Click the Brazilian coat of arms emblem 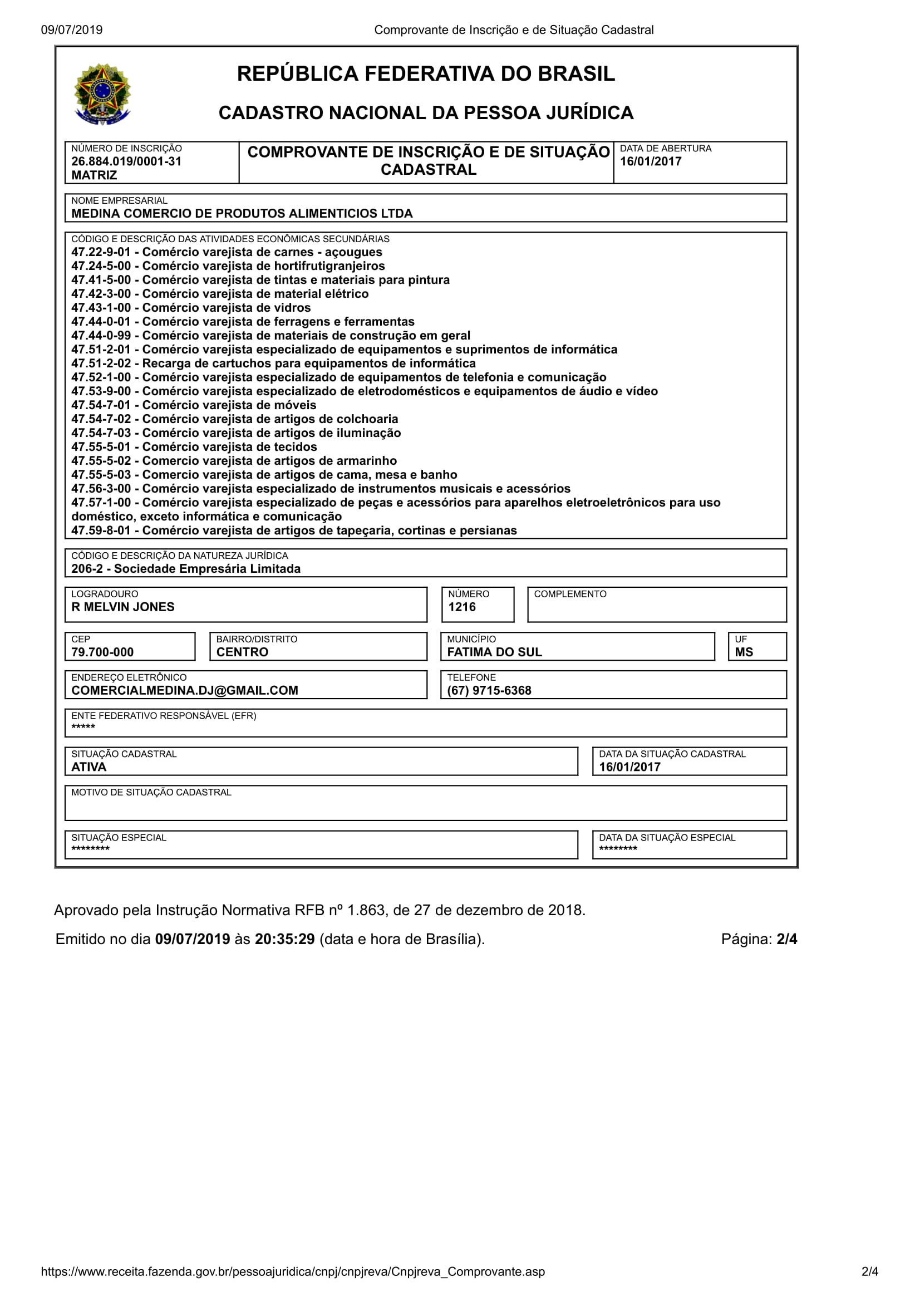pos(102,94)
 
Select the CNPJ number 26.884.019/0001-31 pos(126,161)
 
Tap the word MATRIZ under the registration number pos(94,175)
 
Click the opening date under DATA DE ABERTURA pos(650,161)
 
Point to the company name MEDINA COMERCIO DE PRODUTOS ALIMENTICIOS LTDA pos(242,214)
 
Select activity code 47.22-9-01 pos(101,252)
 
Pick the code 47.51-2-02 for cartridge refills pos(101,363)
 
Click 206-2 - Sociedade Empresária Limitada pos(185,569)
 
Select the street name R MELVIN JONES pos(122,607)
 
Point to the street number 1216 pos(461,607)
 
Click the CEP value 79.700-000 pos(102,652)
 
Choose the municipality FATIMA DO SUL pos(494,652)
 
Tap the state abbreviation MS pos(743,652)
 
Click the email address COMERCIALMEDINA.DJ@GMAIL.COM pos(184,690)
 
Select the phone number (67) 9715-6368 pos(489,690)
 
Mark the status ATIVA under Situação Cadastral pos(88,767)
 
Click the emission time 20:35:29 pos(284,939)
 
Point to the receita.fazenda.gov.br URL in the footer pos(293,1271)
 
